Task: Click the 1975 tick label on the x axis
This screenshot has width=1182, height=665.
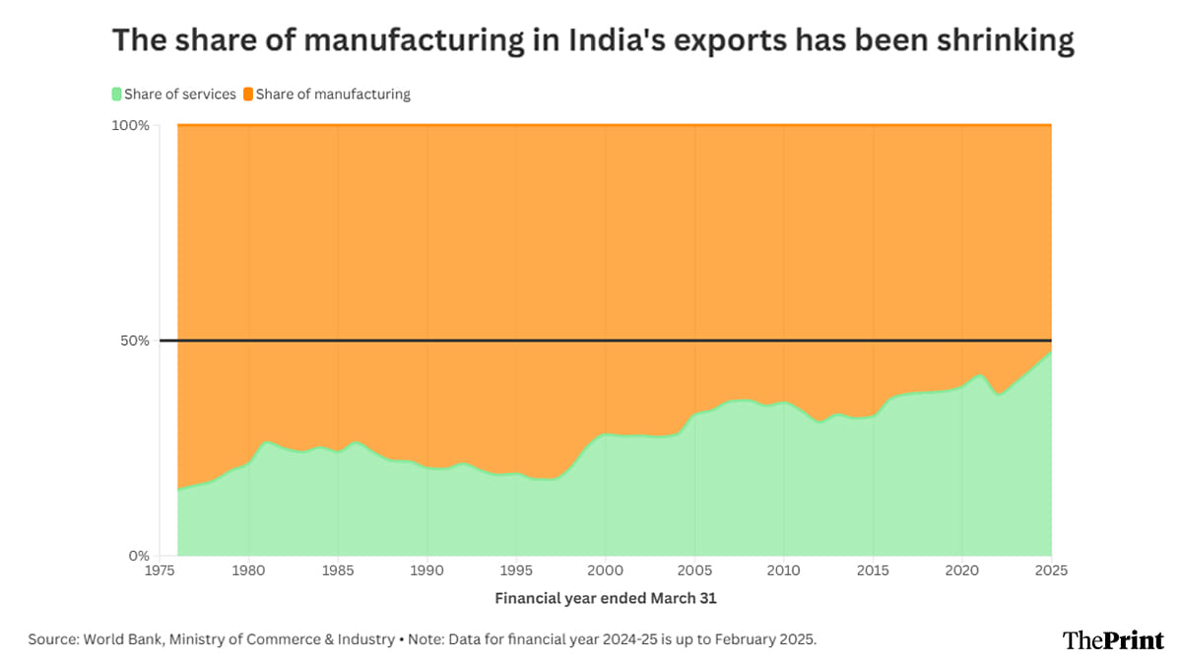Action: click(x=161, y=570)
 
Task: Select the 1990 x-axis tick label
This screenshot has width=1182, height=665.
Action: click(x=427, y=570)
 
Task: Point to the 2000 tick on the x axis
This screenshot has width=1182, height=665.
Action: click(x=606, y=570)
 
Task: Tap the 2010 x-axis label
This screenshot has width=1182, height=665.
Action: click(x=784, y=570)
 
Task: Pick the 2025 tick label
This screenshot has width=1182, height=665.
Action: click(x=1051, y=570)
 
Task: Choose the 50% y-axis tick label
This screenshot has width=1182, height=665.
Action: click(x=135, y=341)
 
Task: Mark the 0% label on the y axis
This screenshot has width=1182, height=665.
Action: click(x=139, y=556)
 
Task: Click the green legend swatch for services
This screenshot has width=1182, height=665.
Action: click(x=116, y=95)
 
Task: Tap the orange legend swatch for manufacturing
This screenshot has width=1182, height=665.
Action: click(x=248, y=95)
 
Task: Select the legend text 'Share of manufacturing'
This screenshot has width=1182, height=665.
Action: click(x=333, y=95)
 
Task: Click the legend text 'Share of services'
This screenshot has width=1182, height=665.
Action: click(x=180, y=95)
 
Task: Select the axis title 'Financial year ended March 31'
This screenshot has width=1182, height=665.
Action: click(x=606, y=598)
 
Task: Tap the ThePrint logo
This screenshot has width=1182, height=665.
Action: click(x=1113, y=640)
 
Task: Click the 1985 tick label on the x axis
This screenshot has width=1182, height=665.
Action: click(x=339, y=570)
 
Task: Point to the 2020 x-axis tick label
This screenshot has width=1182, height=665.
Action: click(x=962, y=570)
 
